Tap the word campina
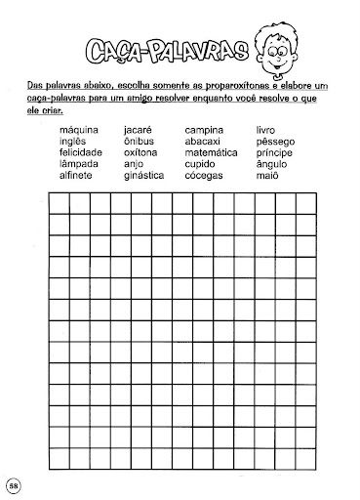pos(205,129)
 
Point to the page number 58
pos(14,485)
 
